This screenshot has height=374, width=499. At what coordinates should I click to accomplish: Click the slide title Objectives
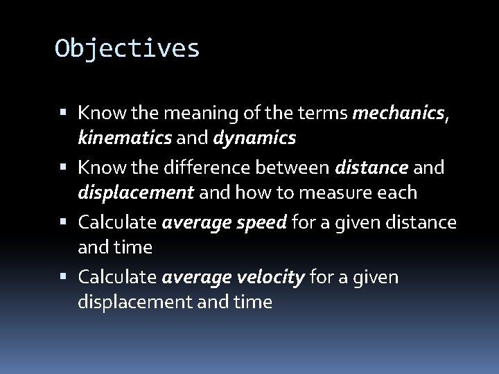coord(128,48)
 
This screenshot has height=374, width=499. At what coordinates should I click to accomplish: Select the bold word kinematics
coord(123,138)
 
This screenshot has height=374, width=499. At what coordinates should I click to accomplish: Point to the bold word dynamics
coord(256,138)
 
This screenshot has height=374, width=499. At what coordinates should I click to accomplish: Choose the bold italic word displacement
coord(136,193)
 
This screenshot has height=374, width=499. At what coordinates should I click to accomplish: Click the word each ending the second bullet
coord(397,193)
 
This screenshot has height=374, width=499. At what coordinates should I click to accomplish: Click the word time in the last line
coord(252,302)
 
